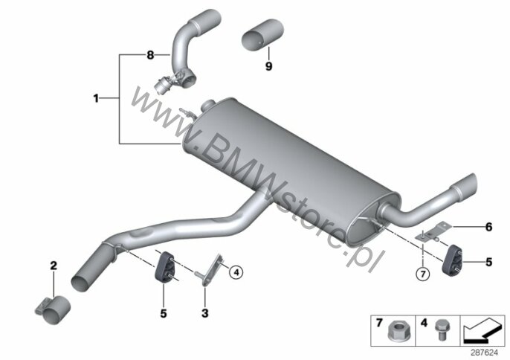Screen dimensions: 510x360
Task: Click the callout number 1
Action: pos(96,98)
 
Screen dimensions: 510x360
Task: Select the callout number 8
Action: pos(150,55)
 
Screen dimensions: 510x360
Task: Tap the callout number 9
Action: pos(268,66)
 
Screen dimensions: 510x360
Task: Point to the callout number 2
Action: pos(54,266)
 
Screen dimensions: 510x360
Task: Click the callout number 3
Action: pos(205,313)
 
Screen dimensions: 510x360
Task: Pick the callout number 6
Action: pos(489,227)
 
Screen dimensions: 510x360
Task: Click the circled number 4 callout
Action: pos(236,272)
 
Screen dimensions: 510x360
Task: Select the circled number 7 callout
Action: pos(423,274)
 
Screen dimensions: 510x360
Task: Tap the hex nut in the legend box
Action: pos(397,331)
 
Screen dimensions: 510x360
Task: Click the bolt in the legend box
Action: pos(442,330)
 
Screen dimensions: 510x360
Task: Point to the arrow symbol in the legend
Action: pos(482,330)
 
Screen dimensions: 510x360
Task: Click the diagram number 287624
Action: pos(485,353)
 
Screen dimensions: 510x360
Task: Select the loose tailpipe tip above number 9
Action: pos(263,35)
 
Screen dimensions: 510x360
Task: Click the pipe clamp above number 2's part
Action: pos(53,309)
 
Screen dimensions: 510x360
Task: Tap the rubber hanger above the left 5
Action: pos(164,267)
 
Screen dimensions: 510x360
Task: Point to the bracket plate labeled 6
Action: pos(433,232)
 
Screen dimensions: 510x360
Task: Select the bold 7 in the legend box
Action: pos(379,323)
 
